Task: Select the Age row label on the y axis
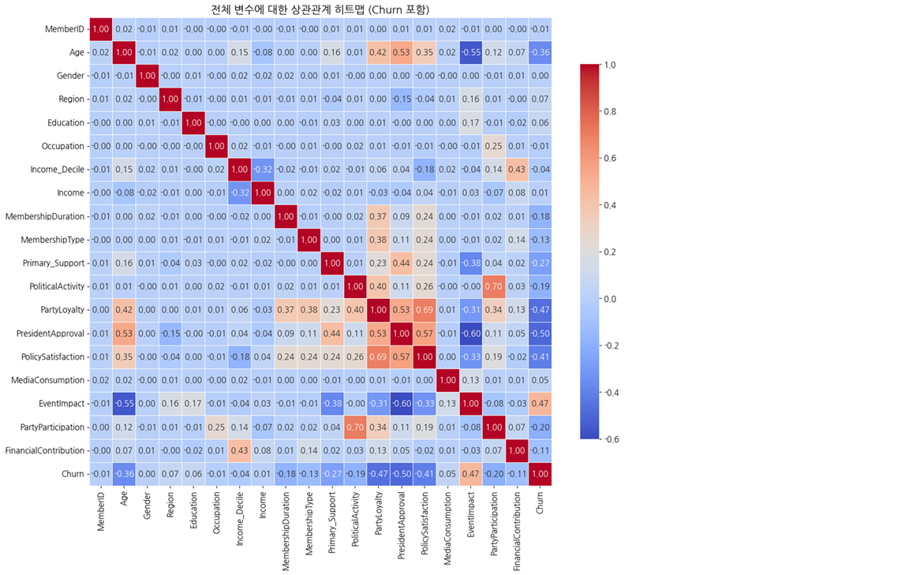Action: click(x=77, y=53)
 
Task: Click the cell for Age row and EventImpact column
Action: click(x=471, y=53)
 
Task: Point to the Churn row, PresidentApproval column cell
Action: click(x=402, y=474)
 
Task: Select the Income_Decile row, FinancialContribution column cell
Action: click(x=517, y=170)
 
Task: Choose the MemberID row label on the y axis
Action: click(x=65, y=29)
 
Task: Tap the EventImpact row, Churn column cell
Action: click(x=540, y=404)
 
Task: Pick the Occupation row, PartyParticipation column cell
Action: click(x=494, y=147)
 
